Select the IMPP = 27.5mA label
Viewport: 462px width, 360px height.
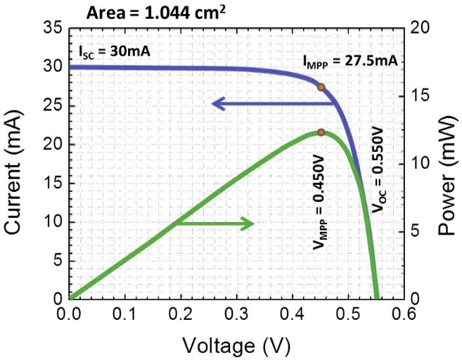coord(351,61)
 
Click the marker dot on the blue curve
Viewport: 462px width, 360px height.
coord(321,87)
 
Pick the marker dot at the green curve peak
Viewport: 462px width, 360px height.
coord(321,132)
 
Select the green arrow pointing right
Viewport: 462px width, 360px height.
coord(214,224)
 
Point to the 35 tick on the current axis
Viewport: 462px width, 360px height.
coord(53,29)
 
